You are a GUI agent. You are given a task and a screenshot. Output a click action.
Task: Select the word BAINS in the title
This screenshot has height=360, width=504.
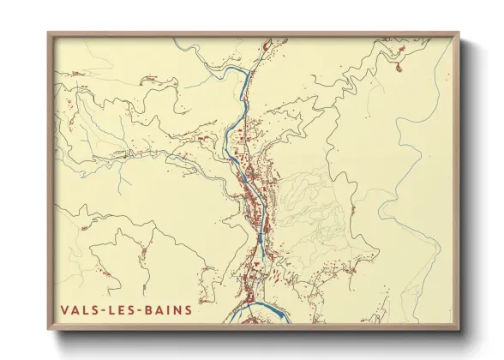coord(170,310)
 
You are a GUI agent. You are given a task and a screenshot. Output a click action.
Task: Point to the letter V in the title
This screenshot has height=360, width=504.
coord(64,310)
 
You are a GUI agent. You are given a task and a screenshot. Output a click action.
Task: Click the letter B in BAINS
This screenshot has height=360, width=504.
coord(151,310)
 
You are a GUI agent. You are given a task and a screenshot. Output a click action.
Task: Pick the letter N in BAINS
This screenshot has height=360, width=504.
coord(177,310)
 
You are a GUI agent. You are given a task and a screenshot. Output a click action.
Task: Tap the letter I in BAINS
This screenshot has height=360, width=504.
coord(170,310)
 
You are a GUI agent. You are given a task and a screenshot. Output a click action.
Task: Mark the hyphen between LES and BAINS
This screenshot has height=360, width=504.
coord(141,310)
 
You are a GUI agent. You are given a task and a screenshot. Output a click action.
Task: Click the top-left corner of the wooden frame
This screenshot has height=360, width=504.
coord(49,33)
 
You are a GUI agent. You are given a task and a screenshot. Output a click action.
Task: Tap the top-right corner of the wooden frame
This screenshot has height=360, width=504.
coord(459,33)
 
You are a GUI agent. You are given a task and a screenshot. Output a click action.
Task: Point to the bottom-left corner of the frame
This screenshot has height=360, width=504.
coord(49,330)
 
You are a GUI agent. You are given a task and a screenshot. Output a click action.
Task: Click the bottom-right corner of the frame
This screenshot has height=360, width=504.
coord(459,330)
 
